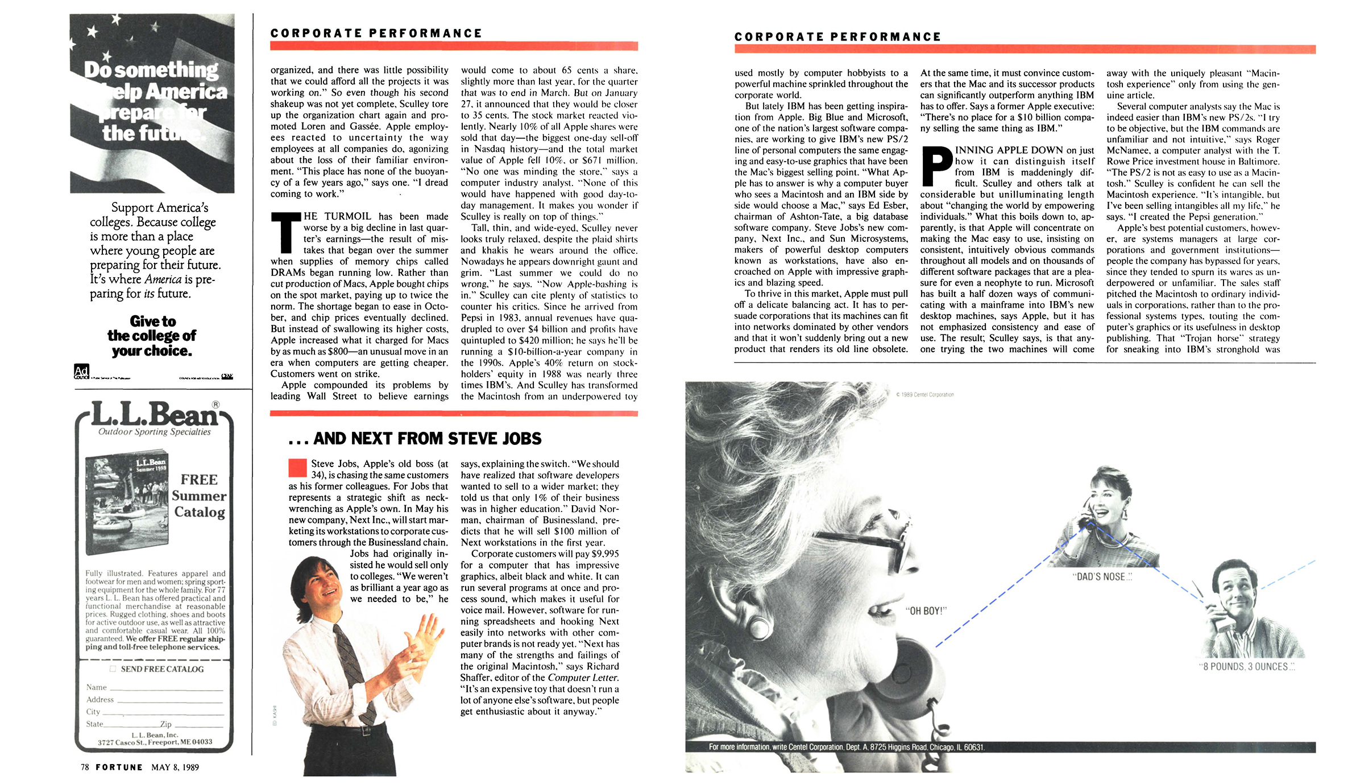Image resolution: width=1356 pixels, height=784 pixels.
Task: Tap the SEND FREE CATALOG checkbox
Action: click(113, 669)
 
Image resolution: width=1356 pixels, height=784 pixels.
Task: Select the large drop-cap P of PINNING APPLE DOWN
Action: click(936, 166)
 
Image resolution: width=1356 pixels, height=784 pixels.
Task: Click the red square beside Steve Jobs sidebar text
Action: click(297, 468)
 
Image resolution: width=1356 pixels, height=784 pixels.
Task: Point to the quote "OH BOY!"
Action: click(926, 611)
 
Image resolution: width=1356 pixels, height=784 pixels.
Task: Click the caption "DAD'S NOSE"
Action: click(1102, 576)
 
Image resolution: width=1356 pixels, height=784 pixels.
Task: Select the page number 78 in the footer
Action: click(85, 767)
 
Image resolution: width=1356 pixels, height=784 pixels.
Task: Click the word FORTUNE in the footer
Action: click(119, 767)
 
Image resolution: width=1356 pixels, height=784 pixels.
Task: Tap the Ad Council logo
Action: click(81, 372)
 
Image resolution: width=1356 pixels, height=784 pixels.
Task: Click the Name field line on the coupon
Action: click(165, 688)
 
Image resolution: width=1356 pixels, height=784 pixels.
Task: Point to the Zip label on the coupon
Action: click(165, 724)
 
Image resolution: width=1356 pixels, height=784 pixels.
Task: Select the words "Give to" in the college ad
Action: click(152, 321)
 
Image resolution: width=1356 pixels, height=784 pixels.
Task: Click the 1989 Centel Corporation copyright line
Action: click(925, 394)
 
